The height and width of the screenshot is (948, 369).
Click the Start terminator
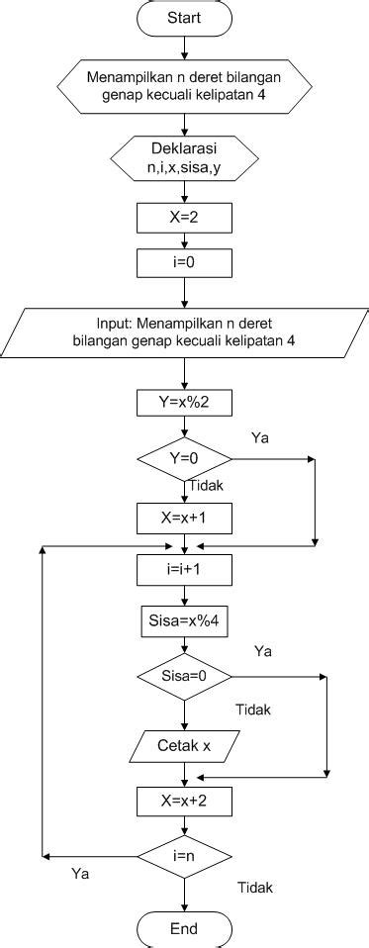pyautogui.click(x=184, y=17)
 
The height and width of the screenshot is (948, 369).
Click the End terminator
pyautogui.click(x=184, y=929)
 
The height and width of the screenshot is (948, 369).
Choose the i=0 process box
pyautogui.click(x=184, y=262)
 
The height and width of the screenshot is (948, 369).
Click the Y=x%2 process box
pyautogui.click(x=184, y=403)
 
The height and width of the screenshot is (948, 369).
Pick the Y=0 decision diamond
pyautogui.click(x=184, y=458)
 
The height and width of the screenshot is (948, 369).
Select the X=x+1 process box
pyautogui.click(x=184, y=517)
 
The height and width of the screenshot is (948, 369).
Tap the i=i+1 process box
pyautogui.click(x=184, y=570)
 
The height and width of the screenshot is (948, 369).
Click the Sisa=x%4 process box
pyautogui.click(x=184, y=623)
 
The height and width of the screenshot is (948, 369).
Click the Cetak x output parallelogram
pyautogui.click(x=184, y=745)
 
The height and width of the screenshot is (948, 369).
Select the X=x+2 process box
pyautogui.click(x=184, y=800)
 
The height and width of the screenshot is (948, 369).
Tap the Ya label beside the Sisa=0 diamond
pyautogui.click(x=263, y=651)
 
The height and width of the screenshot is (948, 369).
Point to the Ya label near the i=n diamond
pyautogui.click(x=82, y=874)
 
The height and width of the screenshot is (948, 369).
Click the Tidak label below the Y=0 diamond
pyautogui.click(x=206, y=486)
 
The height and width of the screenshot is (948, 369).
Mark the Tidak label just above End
pyautogui.click(x=255, y=888)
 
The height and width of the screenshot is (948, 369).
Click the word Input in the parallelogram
pyautogui.click(x=123, y=324)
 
